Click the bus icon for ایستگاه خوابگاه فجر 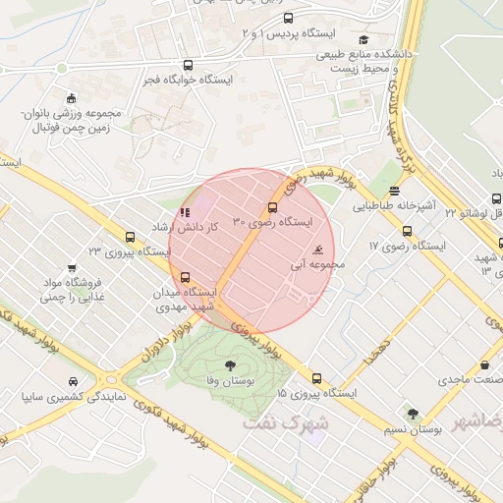tap(188, 65)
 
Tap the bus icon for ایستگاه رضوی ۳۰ tap(272, 207)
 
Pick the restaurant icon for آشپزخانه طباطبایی tap(395, 192)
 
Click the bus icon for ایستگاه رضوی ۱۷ tap(407, 231)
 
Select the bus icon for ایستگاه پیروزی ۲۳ tap(131, 237)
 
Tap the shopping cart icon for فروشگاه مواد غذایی tap(71, 267)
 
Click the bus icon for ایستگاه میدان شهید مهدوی tap(186, 276)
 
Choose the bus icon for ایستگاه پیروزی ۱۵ tap(316, 377)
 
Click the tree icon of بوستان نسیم tap(413, 414)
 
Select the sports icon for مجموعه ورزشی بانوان tap(69, 97)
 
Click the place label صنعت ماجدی tap(469, 378)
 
